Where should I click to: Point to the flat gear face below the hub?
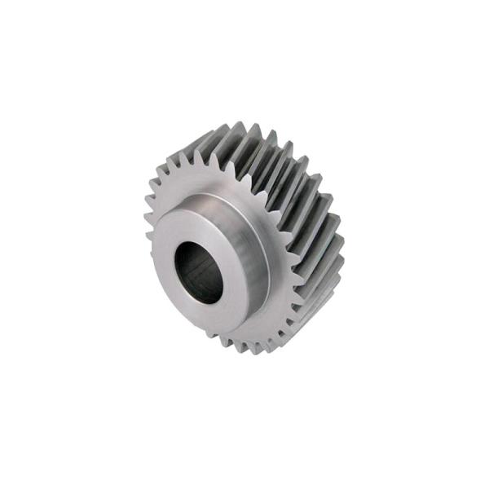coord(244,334)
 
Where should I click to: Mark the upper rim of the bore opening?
coord(200,244)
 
